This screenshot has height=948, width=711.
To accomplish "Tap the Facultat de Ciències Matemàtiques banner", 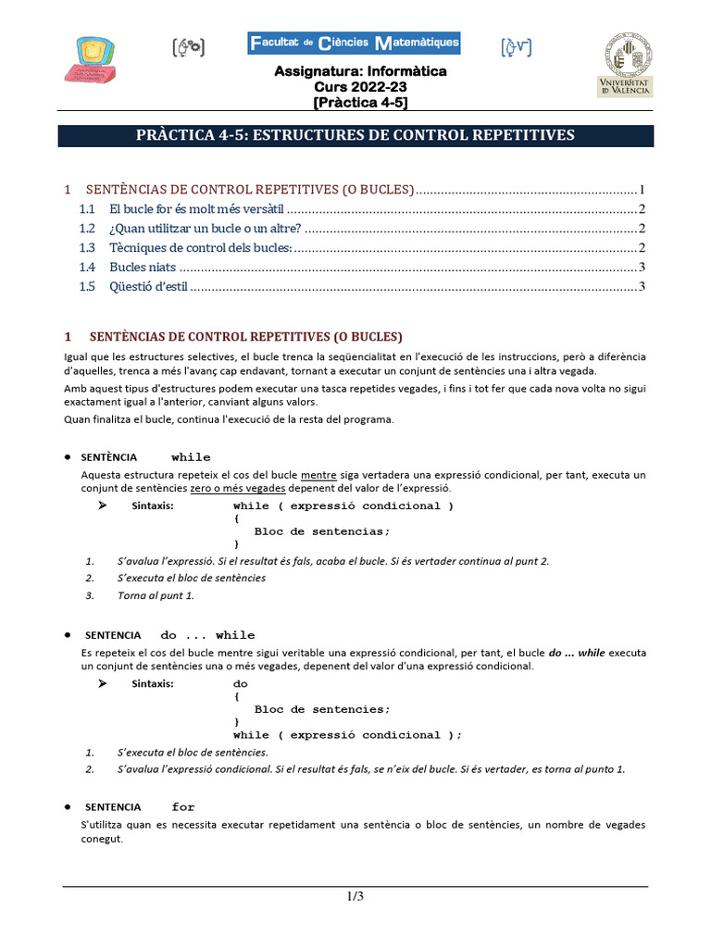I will click(354, 44).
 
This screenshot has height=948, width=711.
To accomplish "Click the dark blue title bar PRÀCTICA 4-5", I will click(355, 136).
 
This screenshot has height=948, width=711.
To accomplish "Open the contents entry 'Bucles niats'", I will click(143, 268).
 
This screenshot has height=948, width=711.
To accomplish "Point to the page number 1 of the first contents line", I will click(641, 190).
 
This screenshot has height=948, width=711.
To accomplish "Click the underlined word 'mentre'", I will click(318, 475).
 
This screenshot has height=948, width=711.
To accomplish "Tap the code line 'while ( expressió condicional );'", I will click(347, 735).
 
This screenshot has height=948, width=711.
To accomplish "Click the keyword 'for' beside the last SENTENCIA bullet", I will click(183, 807).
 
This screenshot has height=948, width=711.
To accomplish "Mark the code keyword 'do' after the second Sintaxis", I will click(241, 684).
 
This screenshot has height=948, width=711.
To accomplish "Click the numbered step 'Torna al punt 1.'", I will click(156, 595).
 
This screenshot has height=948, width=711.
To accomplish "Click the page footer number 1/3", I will click(355, 896).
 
